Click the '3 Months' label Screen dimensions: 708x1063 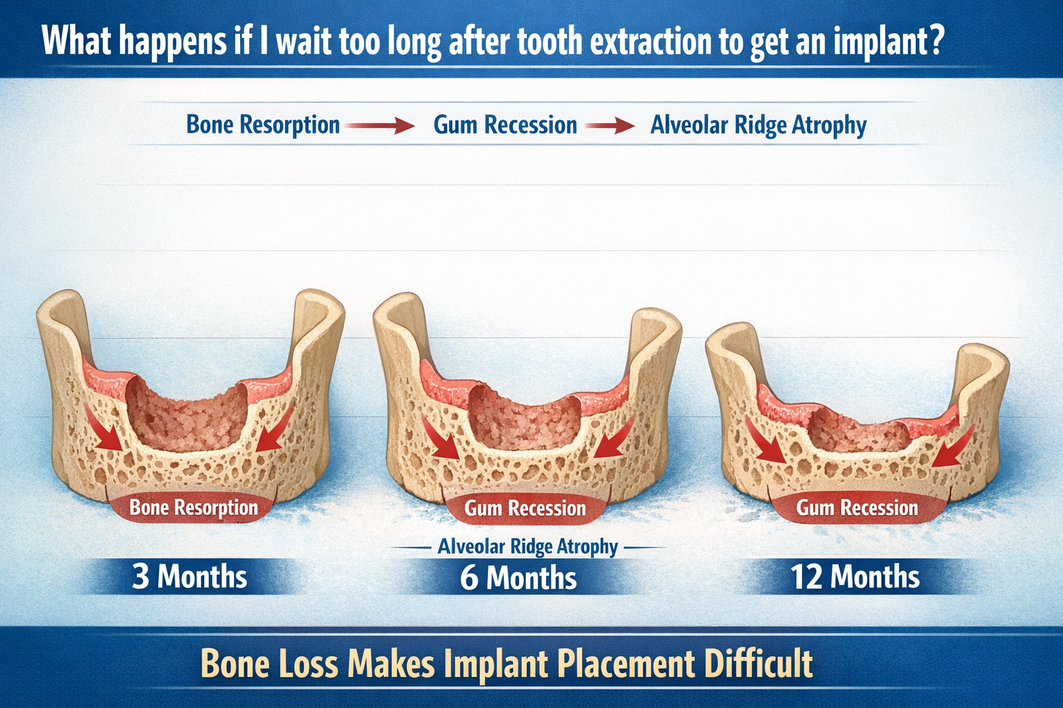(189, 577)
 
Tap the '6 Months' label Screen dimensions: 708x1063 (518, 578)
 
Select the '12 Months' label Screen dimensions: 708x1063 (855, 577)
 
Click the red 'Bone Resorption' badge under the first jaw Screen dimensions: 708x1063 (193, 507)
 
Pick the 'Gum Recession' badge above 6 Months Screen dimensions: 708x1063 (525, 508)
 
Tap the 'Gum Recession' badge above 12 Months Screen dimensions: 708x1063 (857, 508)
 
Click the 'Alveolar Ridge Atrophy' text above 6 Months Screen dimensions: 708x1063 (527, 547)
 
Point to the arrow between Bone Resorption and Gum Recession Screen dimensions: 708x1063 (379, 126)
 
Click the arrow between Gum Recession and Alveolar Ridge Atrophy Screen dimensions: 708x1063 (609, 126)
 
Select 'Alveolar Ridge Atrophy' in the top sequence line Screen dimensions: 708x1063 (758, 126)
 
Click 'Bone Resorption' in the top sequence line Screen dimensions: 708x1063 (263, 125)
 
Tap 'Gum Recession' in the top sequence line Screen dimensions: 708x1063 (505, 125)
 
